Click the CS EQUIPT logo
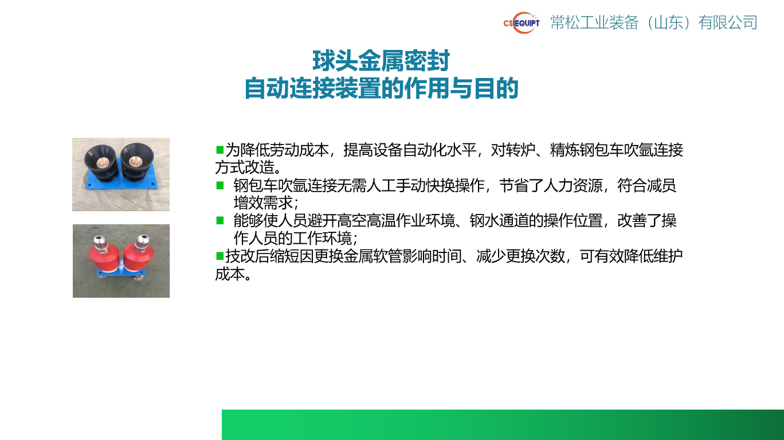click(521, 23)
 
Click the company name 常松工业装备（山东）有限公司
click(654, 23)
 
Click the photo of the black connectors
click(121, 174)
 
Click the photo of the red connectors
click(121, 261)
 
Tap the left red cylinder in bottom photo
click(104, 256)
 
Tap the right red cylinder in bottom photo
click(139, 256)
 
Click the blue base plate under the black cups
click(121, 186)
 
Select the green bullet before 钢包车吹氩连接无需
click(219, 185)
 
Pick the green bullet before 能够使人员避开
click(219, 220)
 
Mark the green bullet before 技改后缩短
click(219, 255)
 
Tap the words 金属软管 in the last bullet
click(385, 256)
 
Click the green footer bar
click(503, 425)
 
